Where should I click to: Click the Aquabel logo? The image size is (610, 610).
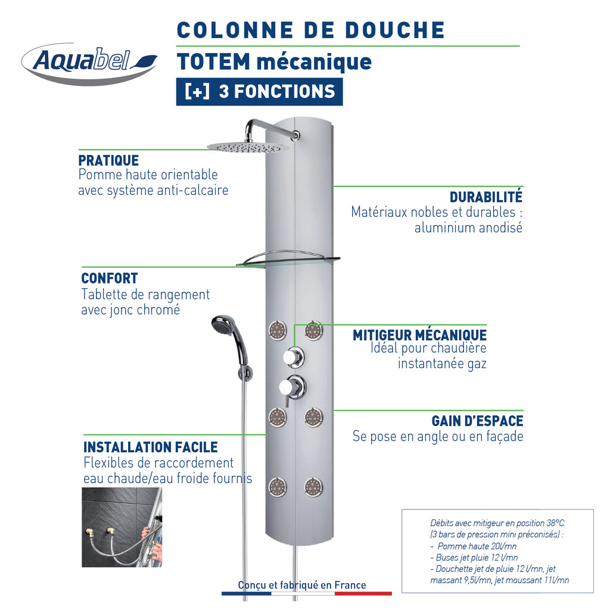tap(89, 63)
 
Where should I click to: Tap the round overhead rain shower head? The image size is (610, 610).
tap(248, 147)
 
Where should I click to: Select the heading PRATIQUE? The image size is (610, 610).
tap(108, 160)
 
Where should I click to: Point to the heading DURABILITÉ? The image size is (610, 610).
tap(486, 197)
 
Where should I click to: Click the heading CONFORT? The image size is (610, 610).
tap(110, 278)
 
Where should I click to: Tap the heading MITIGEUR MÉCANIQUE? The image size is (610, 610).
tap(419, 335)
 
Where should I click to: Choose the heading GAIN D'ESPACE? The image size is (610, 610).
tap(477, 421)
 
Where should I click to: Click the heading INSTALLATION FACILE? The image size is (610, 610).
tap(151, 447)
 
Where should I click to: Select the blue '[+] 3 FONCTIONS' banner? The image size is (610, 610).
tap(260, 92)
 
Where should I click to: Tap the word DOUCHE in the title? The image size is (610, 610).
tap(395, 30)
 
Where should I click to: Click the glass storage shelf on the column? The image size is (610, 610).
tap(288, 259)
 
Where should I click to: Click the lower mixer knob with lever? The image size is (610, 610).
tap(292, 388)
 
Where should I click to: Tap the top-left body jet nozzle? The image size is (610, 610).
tap(278, 330)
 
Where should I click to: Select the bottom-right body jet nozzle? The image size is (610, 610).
tap(313, 487)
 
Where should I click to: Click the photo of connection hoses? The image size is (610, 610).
tap(122, 527)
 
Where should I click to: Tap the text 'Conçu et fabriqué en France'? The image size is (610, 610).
tap(302, 585)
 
